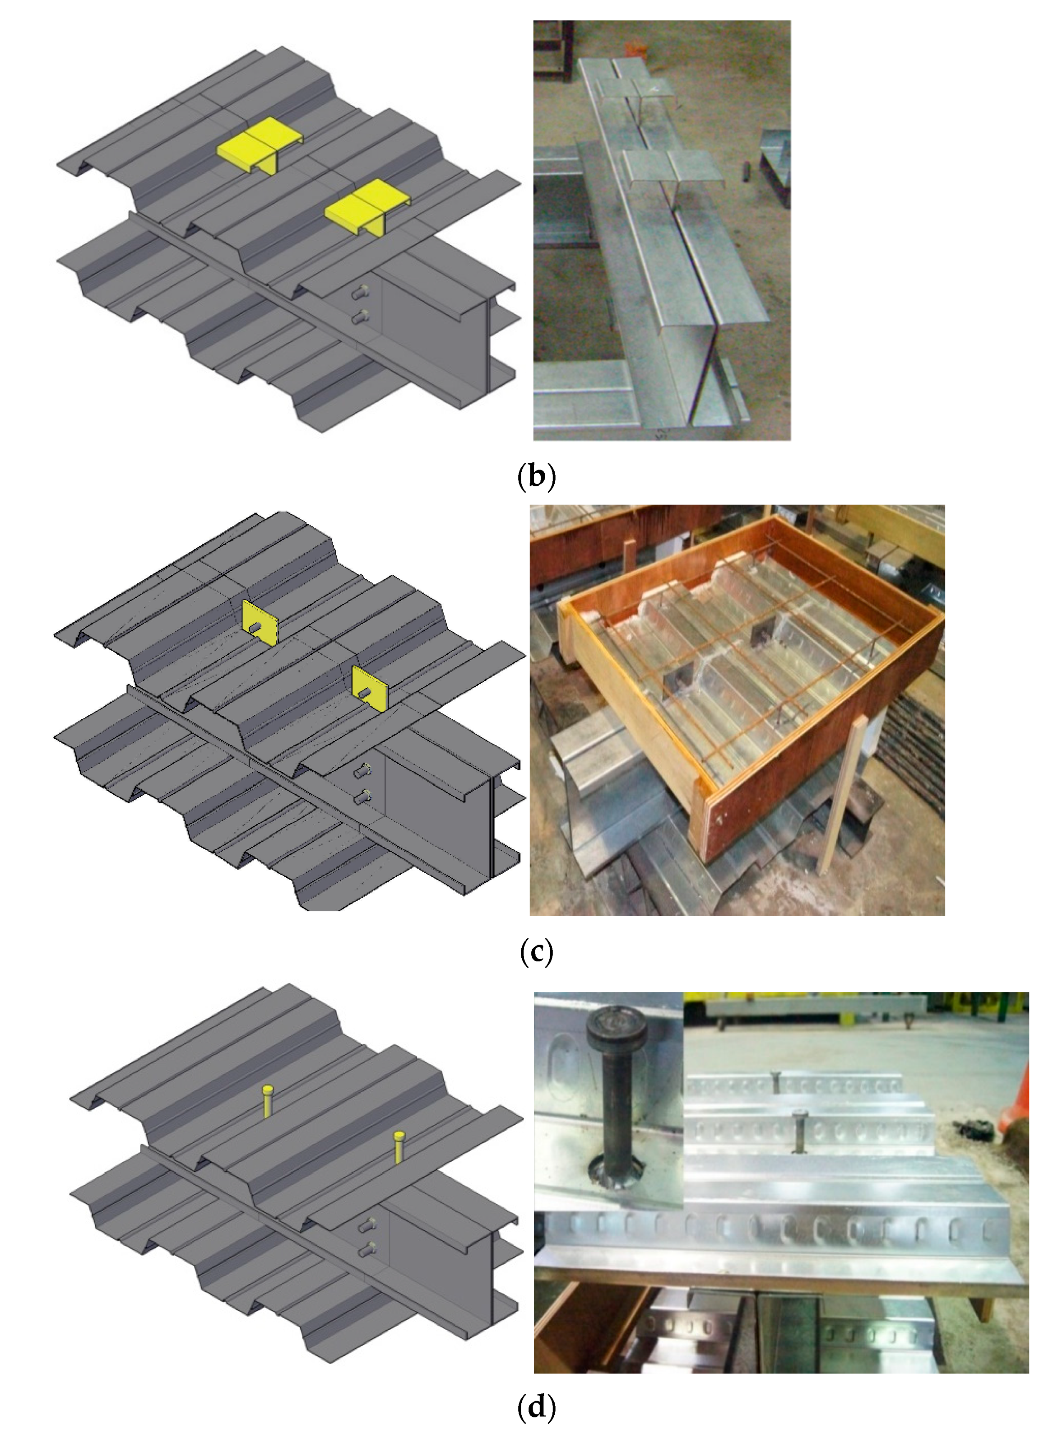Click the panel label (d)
(536, 1407)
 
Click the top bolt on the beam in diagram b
(361, 293)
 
